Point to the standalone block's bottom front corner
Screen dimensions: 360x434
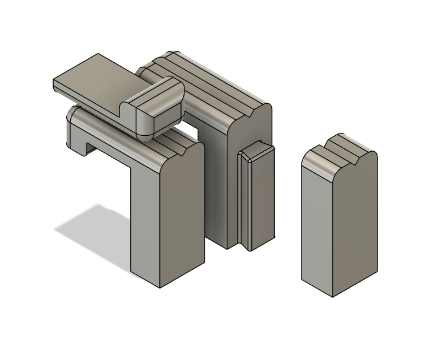coord(333,296)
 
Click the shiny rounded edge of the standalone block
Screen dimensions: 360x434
coord(320,169)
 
